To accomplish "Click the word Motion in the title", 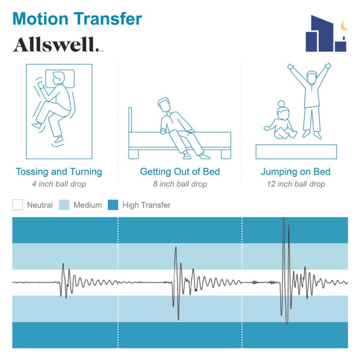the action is pos(40,19).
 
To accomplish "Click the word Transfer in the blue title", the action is pos(108,19).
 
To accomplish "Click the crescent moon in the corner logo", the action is pos(344,26).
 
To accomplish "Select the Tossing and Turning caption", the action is pos(59,172).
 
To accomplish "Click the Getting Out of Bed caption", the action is pos(180,172).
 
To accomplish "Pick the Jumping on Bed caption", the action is pos(295,172).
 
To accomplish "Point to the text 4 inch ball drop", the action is pos(59,184).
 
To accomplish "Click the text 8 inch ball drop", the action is pos(180,184).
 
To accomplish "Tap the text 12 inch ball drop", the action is pos(296,184).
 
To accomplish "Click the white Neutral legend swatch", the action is pos(18,205).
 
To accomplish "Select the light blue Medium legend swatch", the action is pos(64,205).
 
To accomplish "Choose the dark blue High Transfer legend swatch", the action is pos(113,205).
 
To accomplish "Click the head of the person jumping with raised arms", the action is pos(312,77).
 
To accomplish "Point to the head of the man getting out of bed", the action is pos(164,105).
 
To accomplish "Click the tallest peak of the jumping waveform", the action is pos(284,218).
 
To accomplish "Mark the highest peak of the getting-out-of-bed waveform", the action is pos(176,247).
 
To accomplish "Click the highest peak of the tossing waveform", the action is pos(63,264).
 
